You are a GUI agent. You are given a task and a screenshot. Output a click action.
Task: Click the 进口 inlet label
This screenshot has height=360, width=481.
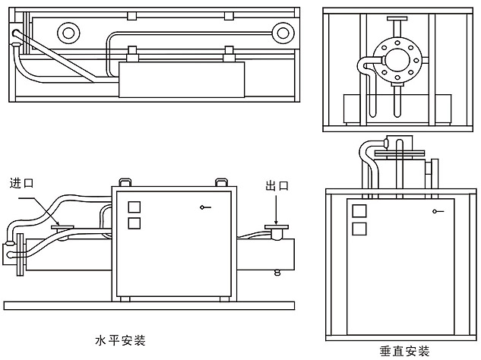(x=23, y=184)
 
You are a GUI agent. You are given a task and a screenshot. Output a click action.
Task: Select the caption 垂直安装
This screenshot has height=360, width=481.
(x=404, y=351)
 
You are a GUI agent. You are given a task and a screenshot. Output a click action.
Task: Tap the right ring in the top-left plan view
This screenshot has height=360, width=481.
(x=284, y=33)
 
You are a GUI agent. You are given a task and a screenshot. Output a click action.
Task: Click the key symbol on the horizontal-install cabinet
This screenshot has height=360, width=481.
(x=204, y=207)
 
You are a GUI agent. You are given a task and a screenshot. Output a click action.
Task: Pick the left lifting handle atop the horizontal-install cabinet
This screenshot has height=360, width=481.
(x=124, y=182)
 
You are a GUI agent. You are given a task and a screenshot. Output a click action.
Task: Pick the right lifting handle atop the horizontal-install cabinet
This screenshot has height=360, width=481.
(x=222, y=182)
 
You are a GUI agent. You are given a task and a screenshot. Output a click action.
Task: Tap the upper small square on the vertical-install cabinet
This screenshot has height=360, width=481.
(x=359, y=210)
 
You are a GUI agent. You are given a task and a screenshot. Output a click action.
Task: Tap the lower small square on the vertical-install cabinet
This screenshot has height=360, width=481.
(x=359, y=228)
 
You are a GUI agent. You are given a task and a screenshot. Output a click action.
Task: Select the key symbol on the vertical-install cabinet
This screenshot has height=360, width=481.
(x=436, y=211)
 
